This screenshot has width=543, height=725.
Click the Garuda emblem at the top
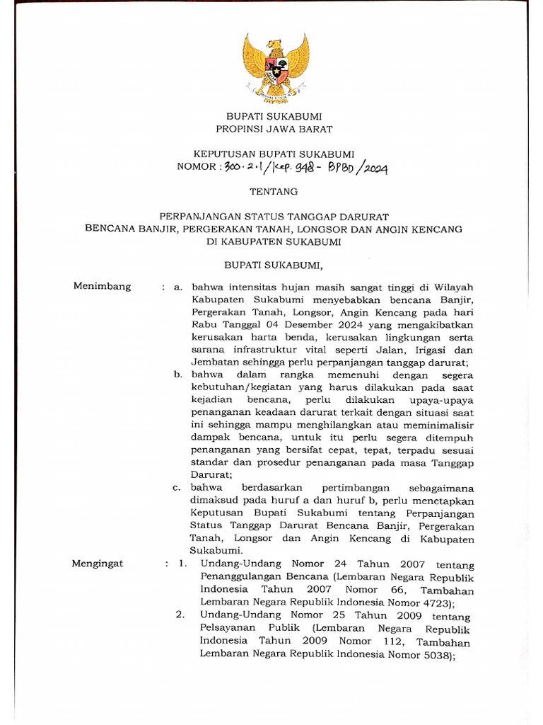276,68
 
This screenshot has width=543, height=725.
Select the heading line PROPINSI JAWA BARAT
274,129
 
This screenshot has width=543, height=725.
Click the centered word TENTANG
274,191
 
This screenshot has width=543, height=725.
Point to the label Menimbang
103,286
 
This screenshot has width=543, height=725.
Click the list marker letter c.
177,488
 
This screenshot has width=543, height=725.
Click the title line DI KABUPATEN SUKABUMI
274,241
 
